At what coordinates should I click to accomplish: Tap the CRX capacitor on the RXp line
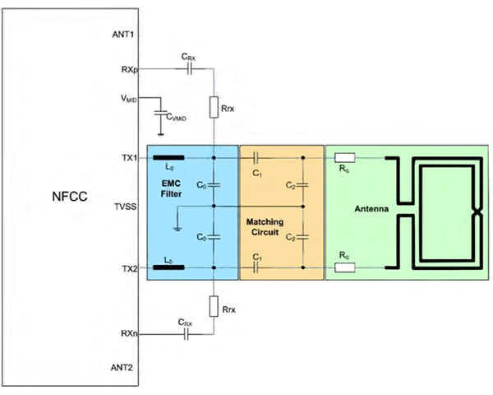[188, 70]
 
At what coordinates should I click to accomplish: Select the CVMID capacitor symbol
[161, 114]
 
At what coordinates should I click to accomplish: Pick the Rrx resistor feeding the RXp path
[213, 107]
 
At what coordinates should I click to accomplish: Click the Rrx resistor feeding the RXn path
[213, 306]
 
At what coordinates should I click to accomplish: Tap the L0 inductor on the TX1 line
[168, 156]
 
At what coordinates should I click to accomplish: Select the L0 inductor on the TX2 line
[168, 267]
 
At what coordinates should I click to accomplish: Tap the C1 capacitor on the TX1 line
[257, 156]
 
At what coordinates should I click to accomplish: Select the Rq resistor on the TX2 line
[345, 267]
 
